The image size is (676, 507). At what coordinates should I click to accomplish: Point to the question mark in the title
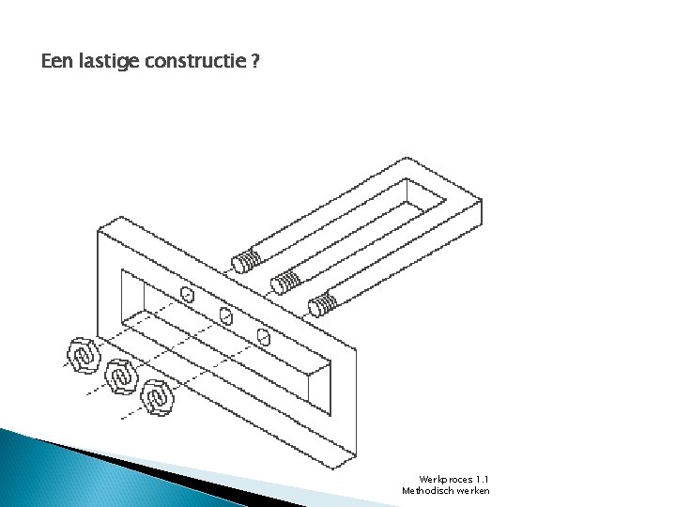point(255,63)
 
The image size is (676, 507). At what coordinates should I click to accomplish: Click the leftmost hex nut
point(83,355)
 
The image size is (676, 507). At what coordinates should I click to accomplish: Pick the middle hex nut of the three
point(121,375)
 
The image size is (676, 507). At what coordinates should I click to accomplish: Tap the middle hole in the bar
point(225,315)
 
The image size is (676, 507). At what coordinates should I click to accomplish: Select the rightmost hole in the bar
point(264,335)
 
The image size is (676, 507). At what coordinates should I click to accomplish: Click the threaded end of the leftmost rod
point(247,260)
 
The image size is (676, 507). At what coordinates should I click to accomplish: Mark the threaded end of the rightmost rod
point(324,302)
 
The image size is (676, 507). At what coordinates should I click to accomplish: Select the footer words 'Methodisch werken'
point(445,491)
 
